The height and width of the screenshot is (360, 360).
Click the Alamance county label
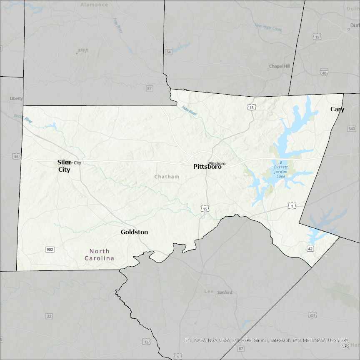[x=94, y=5]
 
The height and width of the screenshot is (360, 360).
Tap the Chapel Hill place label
[x=279, y=66]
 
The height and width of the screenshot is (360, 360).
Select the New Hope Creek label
[x=268, y=28]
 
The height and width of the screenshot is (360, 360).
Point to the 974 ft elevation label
[x=83, y=50]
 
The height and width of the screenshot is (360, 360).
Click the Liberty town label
[x=16, y=99]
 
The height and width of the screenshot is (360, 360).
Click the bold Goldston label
[x=134, y=232]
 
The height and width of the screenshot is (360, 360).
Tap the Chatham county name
[x=167, y=177]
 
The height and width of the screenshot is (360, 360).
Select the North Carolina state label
[x=99, y=255]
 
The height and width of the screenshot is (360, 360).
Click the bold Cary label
[x=337, y=109]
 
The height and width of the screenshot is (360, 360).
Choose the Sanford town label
[x=225, y=292]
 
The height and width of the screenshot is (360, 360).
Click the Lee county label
[x=208, y=292]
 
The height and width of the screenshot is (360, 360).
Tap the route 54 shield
[x=168, y=52]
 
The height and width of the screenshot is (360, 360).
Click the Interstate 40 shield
[x=324, y=72]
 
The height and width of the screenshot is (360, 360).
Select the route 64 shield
[x=16, y=156]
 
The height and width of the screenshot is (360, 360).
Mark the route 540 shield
[x=351, y=129]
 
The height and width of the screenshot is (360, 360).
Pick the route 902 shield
[x=50, y=249]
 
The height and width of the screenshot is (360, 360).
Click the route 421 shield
[x=312, y=315]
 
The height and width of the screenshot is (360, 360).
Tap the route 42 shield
[x=310, y=249]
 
